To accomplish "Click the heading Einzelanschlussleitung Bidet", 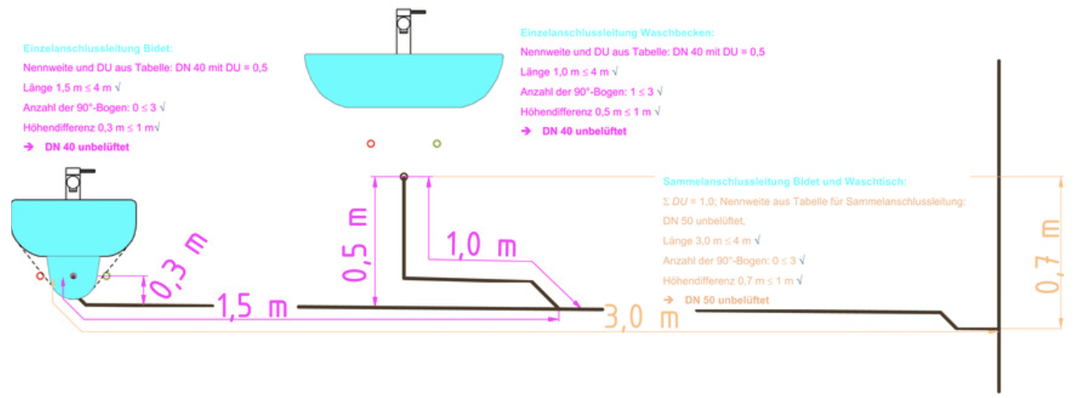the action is tap(98, 49).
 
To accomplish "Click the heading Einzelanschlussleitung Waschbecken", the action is tap(617, 33).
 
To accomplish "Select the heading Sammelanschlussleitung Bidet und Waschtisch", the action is tap(784, 182).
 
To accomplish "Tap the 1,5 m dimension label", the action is tap(252, 306).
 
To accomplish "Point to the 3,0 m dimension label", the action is tap(641, 317).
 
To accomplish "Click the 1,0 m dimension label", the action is tap(481, 244).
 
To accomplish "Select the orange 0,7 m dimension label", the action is tap(1047, 256).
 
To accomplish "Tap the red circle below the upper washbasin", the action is tap(371, 144).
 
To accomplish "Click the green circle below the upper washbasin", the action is tap(437, 144).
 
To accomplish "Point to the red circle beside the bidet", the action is tap(40, 276).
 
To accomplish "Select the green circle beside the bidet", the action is tap(106, 276).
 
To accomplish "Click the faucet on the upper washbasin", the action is tap(407, 31).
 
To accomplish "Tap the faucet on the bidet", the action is tap(77, 184).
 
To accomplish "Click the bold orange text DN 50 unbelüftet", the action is tap(727, 300).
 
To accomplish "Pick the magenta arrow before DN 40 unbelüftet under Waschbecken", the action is tap(526, 131).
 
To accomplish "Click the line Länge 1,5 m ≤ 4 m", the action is tap(72, 88).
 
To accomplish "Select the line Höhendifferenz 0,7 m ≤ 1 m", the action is tap(732, 281).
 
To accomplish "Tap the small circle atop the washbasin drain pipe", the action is tap(404, 176).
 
